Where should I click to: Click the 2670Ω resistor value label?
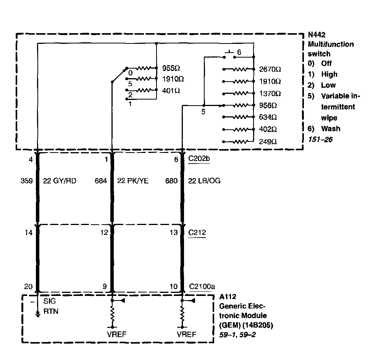click(270, 69)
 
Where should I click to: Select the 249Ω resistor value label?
click(268, 141)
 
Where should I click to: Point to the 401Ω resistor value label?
click(171, 91)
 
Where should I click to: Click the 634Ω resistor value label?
click(268, 117)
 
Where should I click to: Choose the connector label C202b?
click(199, 159)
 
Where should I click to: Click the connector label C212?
click(197, 232)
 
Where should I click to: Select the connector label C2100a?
click(201, 286)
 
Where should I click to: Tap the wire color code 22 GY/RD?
click(60, 181)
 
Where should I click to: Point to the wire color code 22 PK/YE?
click(133, 181)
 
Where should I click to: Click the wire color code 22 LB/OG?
click(204, 181)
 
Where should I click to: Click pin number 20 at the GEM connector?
click(29, 287)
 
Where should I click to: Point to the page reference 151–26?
click(320, 140)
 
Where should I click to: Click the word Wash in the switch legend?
click(331, 129)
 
